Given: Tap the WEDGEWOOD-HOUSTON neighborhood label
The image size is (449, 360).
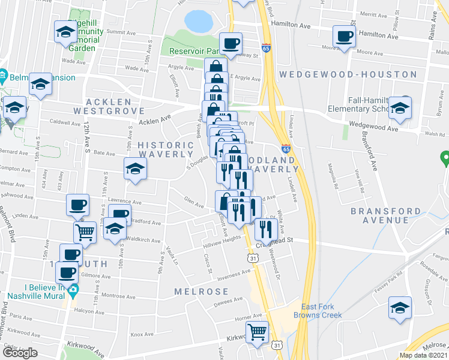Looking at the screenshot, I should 348,74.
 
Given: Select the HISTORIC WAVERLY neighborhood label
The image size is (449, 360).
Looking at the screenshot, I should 166,149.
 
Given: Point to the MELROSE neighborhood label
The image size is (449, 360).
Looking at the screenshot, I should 202,292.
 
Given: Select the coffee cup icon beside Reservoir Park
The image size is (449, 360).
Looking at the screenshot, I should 231,43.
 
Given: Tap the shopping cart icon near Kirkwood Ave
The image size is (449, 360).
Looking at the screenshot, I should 257,332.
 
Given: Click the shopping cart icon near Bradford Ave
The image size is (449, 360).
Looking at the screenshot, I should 85,232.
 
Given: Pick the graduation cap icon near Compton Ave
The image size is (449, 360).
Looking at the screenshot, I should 135,169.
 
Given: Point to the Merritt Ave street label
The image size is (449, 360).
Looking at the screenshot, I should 369,13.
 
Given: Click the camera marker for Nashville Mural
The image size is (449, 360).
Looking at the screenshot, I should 73,292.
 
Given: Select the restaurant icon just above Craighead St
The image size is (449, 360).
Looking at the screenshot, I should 264,229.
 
